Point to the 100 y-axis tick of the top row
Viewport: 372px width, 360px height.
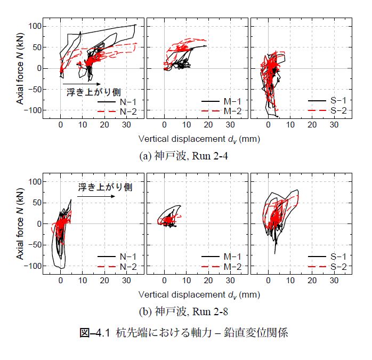click(34, 26)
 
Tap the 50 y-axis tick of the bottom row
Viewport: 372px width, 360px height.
click(35, 203)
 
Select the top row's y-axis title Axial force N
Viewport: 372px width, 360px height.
click(20, 68)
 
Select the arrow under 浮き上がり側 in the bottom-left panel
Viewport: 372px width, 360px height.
click(96, 196)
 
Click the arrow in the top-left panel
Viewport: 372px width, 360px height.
click(82, 84)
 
